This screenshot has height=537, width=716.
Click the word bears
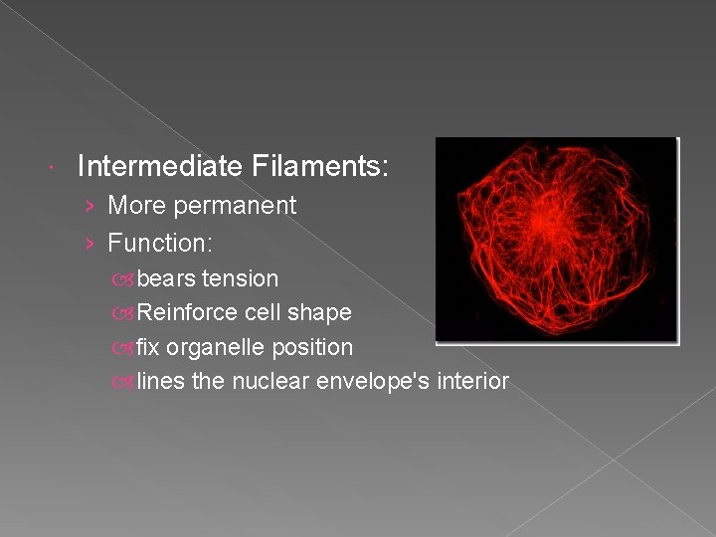(166, 278)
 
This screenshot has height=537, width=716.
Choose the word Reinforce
(188, 312)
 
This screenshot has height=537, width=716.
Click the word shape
(320, 312)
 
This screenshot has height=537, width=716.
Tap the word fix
(148, 347)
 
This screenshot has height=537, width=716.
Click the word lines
(160, 381)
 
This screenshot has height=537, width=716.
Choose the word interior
(471, 381)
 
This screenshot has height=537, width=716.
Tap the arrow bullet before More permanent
(89, 207)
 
